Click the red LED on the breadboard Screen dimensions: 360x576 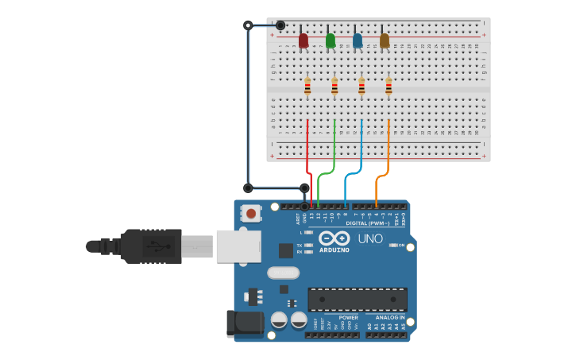303,41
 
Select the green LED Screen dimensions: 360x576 331,41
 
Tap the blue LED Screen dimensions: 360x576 358,41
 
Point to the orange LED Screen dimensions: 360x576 385,41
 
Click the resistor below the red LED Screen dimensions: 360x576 307,87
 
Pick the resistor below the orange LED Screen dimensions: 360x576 389,87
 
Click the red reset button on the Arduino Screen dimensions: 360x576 251,213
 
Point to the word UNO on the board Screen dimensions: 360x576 370,238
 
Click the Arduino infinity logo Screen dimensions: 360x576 334,238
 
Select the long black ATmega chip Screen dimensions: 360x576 358,300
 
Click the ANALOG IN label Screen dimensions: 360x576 389,317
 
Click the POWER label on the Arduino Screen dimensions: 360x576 348,317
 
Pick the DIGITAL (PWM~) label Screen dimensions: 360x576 368,223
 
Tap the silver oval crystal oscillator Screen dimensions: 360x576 283,273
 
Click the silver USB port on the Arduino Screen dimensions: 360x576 238,246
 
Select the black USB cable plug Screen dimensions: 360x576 151,246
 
